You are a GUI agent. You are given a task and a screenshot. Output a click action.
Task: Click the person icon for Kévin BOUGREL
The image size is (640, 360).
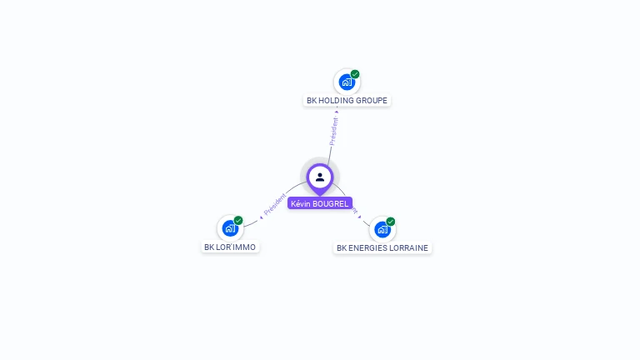click(320, 177)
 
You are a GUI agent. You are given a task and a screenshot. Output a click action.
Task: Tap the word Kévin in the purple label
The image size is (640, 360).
click(300, 203)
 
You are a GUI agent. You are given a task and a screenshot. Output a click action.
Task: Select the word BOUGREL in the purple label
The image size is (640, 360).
click(330, 203)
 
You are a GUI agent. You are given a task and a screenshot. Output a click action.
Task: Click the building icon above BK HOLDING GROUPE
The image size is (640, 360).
click(347, 82)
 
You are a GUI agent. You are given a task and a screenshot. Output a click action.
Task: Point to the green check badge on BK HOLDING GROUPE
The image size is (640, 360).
click(355, 74)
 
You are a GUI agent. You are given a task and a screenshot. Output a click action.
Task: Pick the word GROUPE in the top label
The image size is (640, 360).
click(372, 101)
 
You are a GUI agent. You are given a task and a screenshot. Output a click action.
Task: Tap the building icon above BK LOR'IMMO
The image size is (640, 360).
click(230, 228)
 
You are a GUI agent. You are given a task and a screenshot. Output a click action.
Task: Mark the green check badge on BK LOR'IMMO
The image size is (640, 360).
click(238, 220)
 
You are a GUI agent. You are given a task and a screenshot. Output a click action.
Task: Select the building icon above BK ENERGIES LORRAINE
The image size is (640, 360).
click(382, 229)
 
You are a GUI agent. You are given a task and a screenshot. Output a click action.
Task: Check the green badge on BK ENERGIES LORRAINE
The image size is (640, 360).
click(390, 222)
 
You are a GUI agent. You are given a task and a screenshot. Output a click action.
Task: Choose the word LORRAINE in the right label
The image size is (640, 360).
click(412, 248)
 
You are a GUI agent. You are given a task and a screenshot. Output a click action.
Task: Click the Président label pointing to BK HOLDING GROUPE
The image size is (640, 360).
click(333, 132)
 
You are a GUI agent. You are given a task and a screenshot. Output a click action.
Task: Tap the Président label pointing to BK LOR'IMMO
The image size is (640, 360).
click(274, 206)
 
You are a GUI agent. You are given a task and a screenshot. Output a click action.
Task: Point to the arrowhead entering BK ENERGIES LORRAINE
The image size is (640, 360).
click(359, 216)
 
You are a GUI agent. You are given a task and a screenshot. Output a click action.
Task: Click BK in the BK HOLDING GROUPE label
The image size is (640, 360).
click(312, 101)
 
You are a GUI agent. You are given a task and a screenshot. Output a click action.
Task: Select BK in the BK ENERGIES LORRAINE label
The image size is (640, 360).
click(342, 248)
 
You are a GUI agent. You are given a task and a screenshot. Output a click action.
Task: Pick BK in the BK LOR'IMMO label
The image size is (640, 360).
click(209, 247)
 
